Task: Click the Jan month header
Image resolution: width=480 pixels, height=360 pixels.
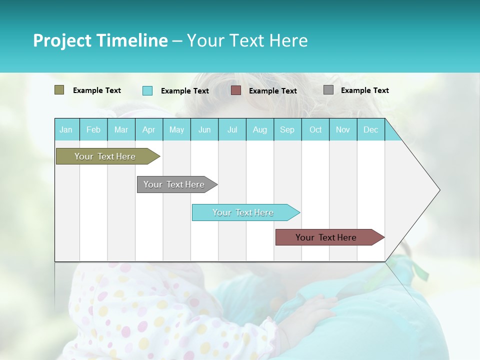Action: tap(66, 129)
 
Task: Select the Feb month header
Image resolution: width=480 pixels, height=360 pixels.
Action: tap(93, 129)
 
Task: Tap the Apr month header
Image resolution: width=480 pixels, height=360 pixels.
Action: tap(149, 129)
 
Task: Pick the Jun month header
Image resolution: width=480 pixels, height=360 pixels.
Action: tap(204, 129)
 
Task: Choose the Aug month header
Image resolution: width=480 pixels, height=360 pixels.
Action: tap(260, 129)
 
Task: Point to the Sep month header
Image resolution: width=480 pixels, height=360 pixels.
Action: tap(287, 129)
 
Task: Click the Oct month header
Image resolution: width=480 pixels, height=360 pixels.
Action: tap(315, 129)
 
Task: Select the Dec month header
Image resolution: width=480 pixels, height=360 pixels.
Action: tap(371, 129)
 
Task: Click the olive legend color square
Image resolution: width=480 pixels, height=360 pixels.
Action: tap(59, 90)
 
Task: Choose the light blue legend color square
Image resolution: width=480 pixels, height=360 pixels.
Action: tap(147, 90)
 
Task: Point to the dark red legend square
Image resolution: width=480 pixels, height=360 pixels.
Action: tap(236, 90)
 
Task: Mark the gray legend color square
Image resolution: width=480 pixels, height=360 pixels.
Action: tap(328, 90)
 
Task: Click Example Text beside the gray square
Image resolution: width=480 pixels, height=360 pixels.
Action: tap(364, 90)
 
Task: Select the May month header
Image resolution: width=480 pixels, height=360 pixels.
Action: tap(176, 129)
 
